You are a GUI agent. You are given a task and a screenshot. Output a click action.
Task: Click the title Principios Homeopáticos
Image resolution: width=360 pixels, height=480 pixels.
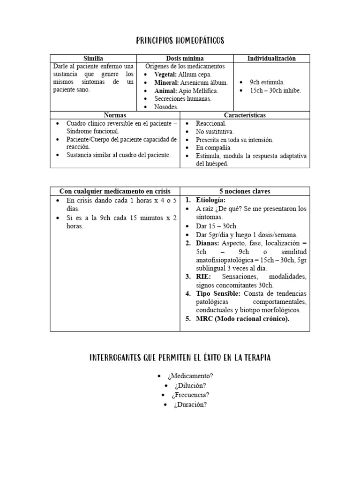(x=180, y=41)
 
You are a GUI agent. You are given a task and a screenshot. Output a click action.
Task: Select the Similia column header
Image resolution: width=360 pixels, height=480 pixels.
(x=93, y=59)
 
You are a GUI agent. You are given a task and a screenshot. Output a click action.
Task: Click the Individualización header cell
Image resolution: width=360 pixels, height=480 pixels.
(x=271, y=59)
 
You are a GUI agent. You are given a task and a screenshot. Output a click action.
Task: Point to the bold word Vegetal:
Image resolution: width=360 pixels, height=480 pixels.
(x=164, y=75)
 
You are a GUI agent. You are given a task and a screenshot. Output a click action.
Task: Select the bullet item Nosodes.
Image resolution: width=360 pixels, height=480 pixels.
(x=166, y=107)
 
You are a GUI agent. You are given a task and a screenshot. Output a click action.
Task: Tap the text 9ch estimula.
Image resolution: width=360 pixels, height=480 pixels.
(x=267, y=82)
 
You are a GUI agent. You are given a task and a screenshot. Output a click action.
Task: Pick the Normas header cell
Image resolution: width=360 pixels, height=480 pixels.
(x=115, y=115)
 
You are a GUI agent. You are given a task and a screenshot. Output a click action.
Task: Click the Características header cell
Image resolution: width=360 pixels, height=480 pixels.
(x=245, y=115)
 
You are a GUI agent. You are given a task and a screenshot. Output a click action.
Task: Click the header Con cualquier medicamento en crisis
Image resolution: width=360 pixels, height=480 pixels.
(x=115, y=191)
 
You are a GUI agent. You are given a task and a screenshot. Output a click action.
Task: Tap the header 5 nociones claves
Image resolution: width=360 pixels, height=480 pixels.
(x=245, y=191)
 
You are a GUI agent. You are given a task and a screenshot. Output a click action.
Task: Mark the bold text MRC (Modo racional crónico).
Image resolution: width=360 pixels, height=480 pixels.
(x=243, y=319)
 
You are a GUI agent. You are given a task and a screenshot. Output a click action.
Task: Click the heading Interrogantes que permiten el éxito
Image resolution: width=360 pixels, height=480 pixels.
(x=180, y=358)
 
